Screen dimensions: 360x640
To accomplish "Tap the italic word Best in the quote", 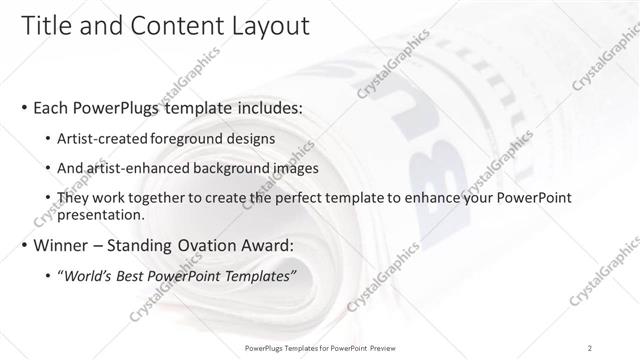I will coord(136,274).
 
